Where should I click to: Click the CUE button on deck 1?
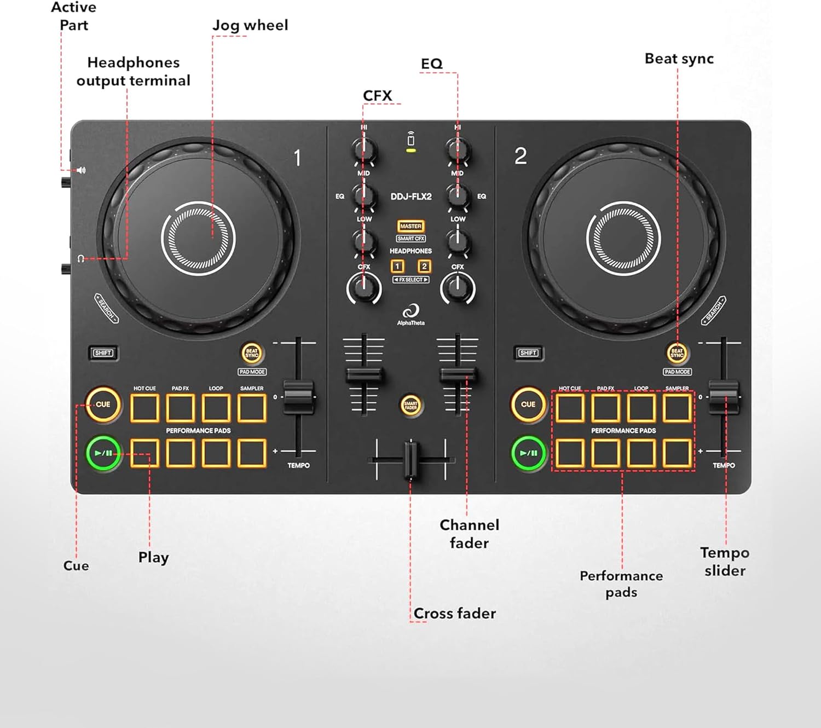tap(103, 405)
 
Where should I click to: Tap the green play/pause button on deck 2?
tap(528, 453)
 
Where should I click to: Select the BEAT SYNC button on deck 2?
tap(677, 353)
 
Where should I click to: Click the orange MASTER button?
tap(410, 226)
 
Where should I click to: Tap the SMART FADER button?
tap(410, 406)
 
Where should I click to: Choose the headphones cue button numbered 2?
tap(424, 267)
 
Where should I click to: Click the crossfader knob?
tap(411, 459)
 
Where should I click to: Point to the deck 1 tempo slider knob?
tap(298, 396)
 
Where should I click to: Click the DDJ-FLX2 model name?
tap(411, 197)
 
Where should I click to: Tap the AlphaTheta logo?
tap(410, 315)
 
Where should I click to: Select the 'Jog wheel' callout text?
tap(250, 25)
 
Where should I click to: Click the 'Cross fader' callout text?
tap(454, 613)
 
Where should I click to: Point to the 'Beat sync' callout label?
tap(679, 59)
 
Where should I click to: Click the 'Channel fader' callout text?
tap(470, 534)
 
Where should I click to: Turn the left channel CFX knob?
tap(364, 288)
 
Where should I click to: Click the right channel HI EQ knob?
tap(458, 149)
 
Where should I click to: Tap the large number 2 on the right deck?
tap(521, 157)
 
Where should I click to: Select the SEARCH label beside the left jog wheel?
tap(107, 308)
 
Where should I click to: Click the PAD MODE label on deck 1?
tap(252, 372)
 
